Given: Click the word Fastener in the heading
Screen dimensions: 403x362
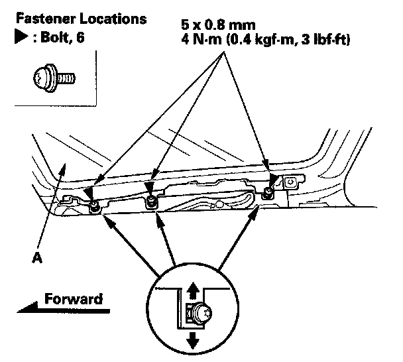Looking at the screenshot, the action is click(x=46, y=19).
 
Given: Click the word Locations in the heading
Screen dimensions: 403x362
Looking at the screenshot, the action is click(x=113, y=19).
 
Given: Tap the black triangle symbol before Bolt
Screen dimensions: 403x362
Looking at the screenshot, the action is click(x=21, y=38).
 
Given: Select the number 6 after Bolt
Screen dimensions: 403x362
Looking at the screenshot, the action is click(x=80, y=38).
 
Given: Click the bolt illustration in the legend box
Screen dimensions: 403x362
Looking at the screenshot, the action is click(x=54, y=78).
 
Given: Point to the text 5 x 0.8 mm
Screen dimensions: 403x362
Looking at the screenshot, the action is click(x=218, y=25).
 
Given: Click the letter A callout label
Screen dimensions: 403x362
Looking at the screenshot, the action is click(x=37, y=257).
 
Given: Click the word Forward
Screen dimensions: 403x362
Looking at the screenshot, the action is click(x=74, y=299).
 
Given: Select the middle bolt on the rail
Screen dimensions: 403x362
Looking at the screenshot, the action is click(x=151, y=200).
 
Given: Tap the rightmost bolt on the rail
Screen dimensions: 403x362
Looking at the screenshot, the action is click(x=267, y=193).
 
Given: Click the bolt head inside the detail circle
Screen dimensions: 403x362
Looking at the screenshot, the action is click(x=203, y=313).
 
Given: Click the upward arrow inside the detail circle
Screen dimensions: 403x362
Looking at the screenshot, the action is click(x=192, y=290).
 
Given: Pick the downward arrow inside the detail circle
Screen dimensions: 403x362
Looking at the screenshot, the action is click(x=193, y=340).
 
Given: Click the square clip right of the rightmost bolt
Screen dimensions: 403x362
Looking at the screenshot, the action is click(x=291, y=182).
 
